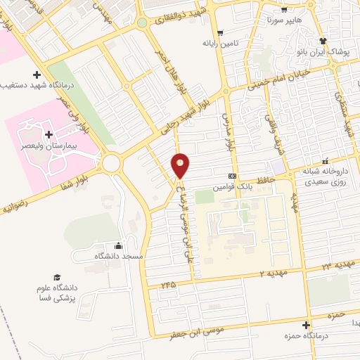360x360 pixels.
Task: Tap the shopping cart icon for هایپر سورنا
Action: [283, 11]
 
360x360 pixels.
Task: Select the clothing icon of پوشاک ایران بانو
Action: [323, 41]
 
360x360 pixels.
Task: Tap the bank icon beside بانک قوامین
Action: [232, 176]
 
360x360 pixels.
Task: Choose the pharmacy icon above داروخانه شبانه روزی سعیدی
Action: [325, 160]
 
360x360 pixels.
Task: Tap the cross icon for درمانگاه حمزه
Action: [305, 325]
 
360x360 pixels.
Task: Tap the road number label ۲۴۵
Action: [167, 285]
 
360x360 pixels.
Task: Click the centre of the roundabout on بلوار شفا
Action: [111, 164]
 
